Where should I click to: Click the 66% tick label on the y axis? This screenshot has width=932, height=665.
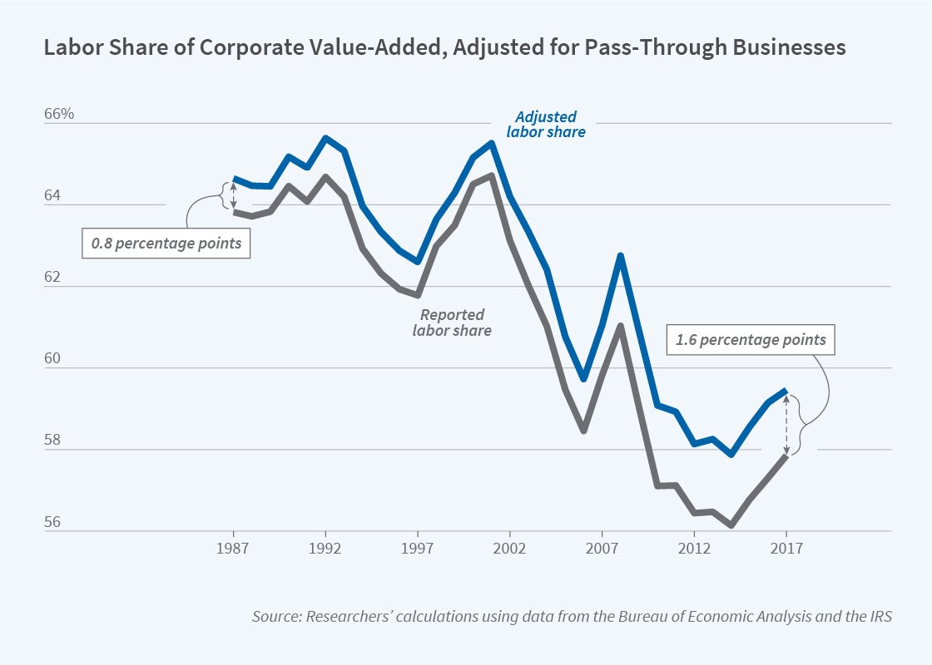click(57, 114)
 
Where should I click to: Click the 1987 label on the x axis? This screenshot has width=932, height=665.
click(234, 549)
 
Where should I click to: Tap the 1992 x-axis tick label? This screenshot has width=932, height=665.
click(326, 549)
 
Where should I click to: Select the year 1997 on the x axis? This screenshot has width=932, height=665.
click(418, 549)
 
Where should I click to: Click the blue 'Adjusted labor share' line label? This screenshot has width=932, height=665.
click(546, 124)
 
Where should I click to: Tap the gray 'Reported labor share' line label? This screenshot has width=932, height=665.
click(452, 323)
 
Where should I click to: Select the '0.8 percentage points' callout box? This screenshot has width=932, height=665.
click(166, 244)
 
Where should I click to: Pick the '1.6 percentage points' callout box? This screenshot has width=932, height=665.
click(751, 339)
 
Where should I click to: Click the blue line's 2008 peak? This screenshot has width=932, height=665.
click(620, 255)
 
